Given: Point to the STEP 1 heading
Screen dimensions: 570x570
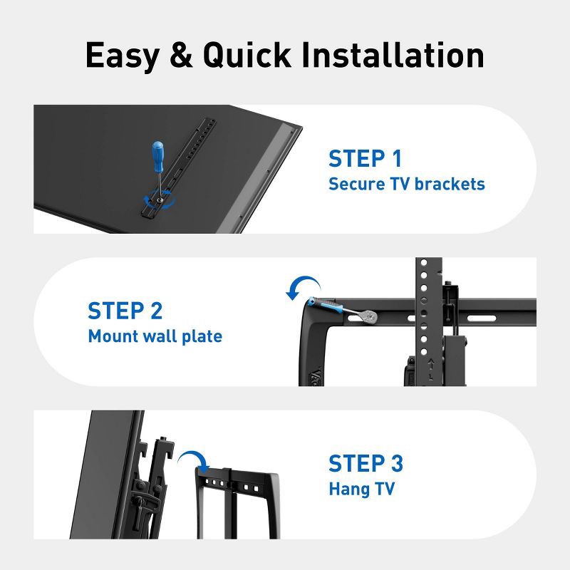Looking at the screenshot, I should (x=364, y=158).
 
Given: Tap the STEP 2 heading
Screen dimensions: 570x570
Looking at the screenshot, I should (x=125, y=311).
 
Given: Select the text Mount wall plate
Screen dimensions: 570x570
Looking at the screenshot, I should (x=155, y=336).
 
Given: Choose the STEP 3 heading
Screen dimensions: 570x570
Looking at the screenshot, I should (x=366, y=463).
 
